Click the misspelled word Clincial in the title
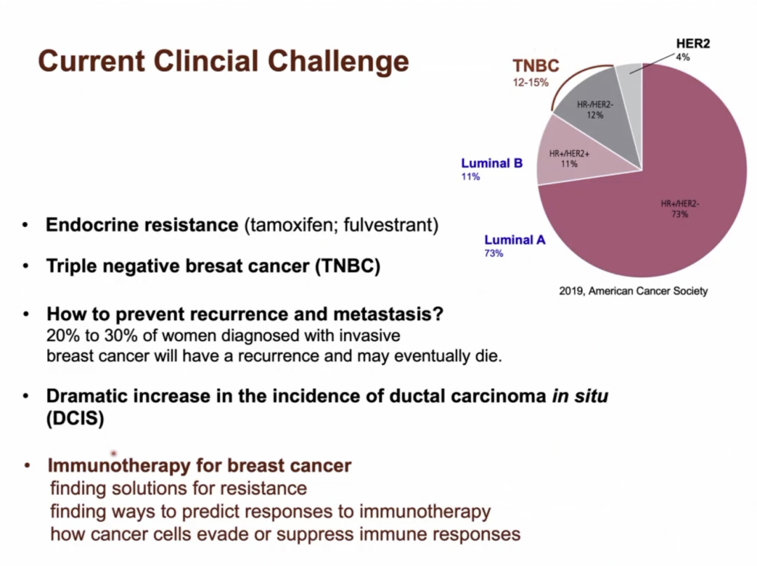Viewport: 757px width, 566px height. [206, 61]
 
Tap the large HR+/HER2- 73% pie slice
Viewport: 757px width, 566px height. [667, 207]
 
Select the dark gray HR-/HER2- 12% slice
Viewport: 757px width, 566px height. [599, 116]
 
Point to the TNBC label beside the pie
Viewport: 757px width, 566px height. [536, 66]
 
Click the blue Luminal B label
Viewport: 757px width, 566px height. [491, 163]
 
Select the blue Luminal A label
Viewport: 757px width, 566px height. [514, 240]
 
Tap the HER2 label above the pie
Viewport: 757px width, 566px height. [693, 43]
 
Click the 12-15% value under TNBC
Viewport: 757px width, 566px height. [531, 83]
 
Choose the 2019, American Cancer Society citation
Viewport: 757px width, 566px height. [634, 291]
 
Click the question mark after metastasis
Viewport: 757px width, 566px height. [438, 314]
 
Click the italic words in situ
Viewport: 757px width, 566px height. [580, 396]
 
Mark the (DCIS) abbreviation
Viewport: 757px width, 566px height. [75, 418]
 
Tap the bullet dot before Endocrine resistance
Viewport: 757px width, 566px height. [25, 225]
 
